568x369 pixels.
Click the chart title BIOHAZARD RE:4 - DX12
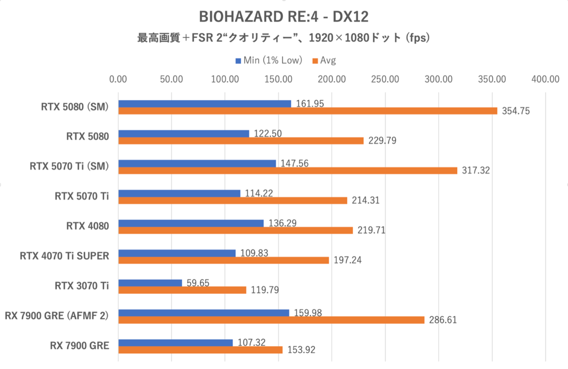click(x=284, y=17)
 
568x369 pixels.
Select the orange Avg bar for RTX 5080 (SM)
click(x=308, y=111)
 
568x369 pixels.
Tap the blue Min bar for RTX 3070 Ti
click(x=150, y=283)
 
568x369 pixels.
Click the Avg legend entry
click(x=328, y=60)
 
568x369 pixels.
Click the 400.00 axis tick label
click(x=546, y=79)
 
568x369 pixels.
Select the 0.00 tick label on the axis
click(x=118, y=79)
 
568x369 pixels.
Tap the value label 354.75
click(x=515, y=111)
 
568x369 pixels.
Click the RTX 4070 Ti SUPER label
click(x=64, y=256)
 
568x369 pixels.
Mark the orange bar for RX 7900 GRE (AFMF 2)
click(x=271, y=320)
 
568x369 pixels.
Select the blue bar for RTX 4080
click(x=191, y=223)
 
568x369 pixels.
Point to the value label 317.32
click(x=476, y=171)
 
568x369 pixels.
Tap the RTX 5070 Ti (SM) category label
click(x=69, y=166)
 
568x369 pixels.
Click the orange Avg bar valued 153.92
click(x=200, y=350)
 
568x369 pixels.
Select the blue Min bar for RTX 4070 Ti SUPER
click(x=177, y=253)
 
